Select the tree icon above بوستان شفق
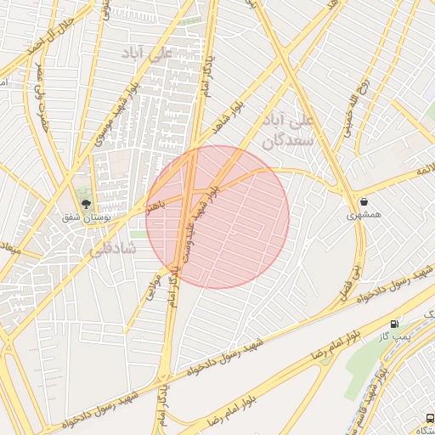[x=85, y=202]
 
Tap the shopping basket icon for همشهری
[x=364, y=201]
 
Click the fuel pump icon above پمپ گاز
[x=393, y=324]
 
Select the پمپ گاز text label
[x=394, y=338]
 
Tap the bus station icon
[x=430, y=419]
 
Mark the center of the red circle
[x=217, y=217]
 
